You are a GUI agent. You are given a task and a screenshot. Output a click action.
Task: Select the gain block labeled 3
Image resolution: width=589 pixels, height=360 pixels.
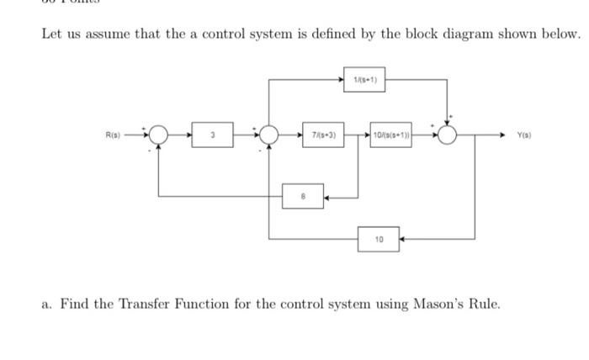pyautogui.click(x=213, y=134)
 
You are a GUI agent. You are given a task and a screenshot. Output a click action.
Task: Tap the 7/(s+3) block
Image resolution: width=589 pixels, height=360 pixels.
pyautogui.click(x=325, y=134)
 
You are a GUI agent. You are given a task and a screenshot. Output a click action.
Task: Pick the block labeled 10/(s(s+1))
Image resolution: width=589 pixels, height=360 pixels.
pyautogui.click(x=390, y=134)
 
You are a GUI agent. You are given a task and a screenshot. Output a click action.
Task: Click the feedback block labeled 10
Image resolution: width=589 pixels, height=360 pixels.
pyautogui.click(x=379, y=239)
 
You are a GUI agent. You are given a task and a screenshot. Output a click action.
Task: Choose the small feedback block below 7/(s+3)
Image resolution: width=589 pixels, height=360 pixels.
pyautogui.click(x=304, y=197)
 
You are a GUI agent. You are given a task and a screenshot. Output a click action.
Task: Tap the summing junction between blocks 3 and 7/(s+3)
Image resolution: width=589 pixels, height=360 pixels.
pyautogui.click(x=269, y=135)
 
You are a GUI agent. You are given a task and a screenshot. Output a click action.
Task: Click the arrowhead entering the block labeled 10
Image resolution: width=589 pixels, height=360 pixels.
pyautogui.click(x=403, y=239)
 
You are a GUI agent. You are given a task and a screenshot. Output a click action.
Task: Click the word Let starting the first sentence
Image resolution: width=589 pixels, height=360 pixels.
pyautogui.click(x=53, y=35)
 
